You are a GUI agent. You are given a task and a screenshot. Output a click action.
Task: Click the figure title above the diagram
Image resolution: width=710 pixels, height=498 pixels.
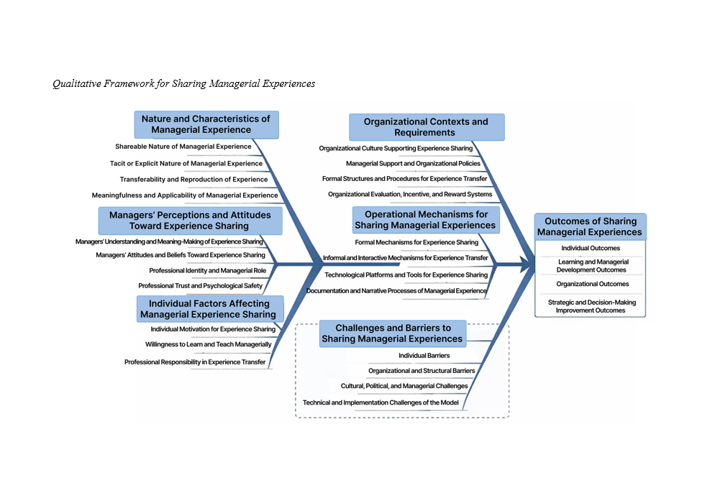(183, 84)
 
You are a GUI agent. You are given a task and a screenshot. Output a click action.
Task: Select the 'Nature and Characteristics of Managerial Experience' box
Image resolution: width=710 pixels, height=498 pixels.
(206, 124)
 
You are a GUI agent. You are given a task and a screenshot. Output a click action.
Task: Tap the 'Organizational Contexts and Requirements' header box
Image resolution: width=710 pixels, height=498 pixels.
(426, 127)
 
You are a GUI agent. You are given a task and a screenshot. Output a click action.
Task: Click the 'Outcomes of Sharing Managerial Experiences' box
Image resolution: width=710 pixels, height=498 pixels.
(589, 226)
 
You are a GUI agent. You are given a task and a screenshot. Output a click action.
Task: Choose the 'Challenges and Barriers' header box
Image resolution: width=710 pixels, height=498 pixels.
(393, 333)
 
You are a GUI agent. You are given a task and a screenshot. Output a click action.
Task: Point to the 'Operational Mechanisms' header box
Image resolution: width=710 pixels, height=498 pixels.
(426, 220)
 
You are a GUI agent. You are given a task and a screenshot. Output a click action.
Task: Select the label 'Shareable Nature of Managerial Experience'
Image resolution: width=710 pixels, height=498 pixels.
(183, 147)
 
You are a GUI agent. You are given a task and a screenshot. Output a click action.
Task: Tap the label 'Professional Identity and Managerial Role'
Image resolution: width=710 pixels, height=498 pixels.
(207, 270)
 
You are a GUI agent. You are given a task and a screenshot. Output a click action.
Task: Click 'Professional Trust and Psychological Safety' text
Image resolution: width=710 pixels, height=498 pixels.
(200, 285)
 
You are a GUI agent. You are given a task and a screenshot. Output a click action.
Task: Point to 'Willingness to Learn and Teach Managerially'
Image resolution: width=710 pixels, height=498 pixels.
(208, 344)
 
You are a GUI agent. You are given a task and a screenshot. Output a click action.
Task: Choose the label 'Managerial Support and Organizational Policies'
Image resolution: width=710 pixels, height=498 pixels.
(413, 163)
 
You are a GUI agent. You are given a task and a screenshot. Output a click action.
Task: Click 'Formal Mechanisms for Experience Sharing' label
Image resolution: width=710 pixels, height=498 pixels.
(417, 242)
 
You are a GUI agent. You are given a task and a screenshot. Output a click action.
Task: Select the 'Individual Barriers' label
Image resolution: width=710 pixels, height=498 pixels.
(424, 355)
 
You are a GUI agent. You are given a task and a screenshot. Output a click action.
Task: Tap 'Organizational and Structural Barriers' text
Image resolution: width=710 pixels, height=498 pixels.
(422, 371)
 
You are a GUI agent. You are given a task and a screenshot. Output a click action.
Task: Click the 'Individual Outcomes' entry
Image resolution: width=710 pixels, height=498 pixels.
(590, 248)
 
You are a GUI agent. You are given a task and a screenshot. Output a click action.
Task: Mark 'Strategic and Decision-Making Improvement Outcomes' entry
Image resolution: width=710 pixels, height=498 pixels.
(591, 306)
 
